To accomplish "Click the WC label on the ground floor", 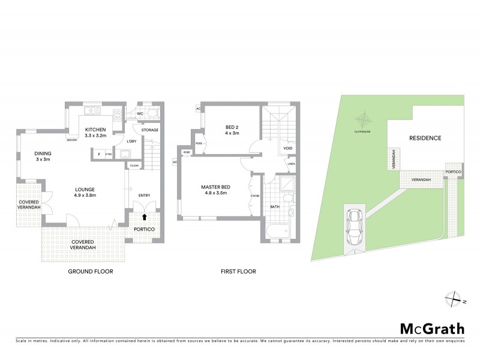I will (139, 113).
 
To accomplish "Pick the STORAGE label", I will (150, 130).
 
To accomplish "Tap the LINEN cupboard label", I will (291, 163).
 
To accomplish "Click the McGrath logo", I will (431, 328).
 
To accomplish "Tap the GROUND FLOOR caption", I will (91, 271).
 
